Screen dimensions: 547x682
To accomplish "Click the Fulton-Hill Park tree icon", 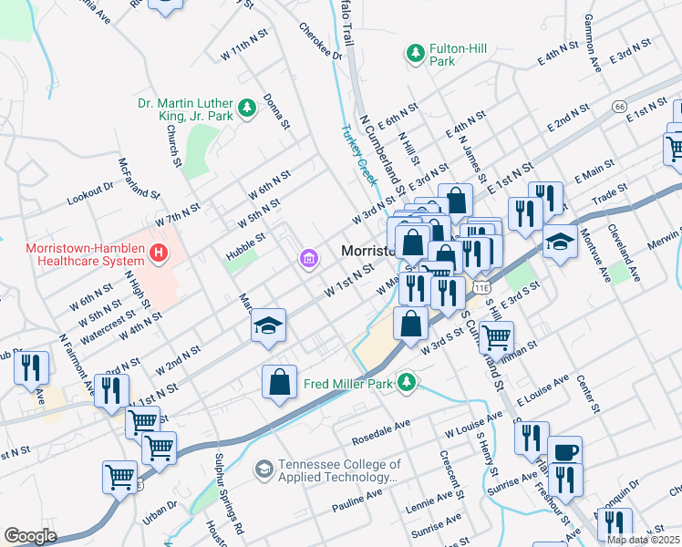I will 416,54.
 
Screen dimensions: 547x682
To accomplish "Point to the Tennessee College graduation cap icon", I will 263,469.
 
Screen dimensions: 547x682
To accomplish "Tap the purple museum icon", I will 309,261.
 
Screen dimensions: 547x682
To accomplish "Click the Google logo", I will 30,536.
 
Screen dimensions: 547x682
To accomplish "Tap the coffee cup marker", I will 564,451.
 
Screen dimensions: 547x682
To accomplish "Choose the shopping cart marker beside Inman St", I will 496,336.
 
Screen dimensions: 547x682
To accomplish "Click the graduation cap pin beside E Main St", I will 561,241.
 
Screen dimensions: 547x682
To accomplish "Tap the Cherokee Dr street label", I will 320,41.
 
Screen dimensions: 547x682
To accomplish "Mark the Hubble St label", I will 246,246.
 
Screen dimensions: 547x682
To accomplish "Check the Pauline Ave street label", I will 357,499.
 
